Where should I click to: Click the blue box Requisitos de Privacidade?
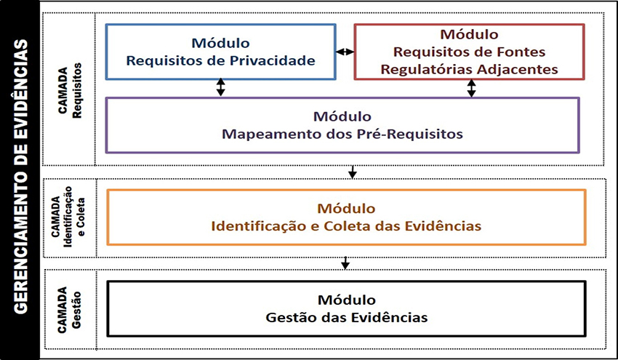pos(220,52)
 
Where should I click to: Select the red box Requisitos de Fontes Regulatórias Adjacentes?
pos(469,52)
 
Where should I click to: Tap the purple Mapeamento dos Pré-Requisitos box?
pos(342,125)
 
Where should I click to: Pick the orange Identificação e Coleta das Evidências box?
pos(346,217)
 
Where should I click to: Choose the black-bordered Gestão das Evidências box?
pos(346,308)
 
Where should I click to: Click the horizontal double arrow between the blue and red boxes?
pos(345,52)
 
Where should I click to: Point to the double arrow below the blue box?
pos(221,88)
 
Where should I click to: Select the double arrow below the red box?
pos(471,88)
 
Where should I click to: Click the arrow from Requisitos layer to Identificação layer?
pos(353,172)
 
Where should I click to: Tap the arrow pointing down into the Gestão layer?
pos(346,262)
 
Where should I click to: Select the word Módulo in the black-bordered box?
pos(346,300)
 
